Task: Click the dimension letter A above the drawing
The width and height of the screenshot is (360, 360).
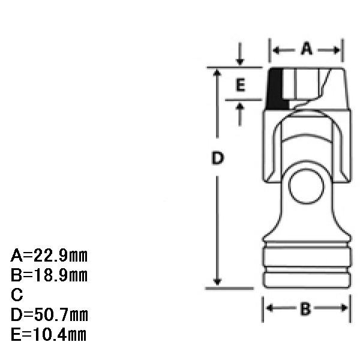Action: [x=306, y=49]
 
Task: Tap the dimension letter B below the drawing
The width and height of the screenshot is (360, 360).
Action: [x=305, y=309]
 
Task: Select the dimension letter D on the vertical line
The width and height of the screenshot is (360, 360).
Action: [x=217, y=158]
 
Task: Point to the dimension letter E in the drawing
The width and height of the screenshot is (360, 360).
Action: [x=240, y=85]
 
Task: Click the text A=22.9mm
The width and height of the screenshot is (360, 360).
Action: [x=49, y=256]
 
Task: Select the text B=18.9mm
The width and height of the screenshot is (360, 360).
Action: [x=49, y=275]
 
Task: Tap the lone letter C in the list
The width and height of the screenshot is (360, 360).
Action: [x=17, y=295]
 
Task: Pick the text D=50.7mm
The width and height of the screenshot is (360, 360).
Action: [x=49, y=315]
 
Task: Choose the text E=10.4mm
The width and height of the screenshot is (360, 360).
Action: [x=49, y=335]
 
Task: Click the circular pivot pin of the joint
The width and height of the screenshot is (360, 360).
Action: [x=306, y=187]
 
